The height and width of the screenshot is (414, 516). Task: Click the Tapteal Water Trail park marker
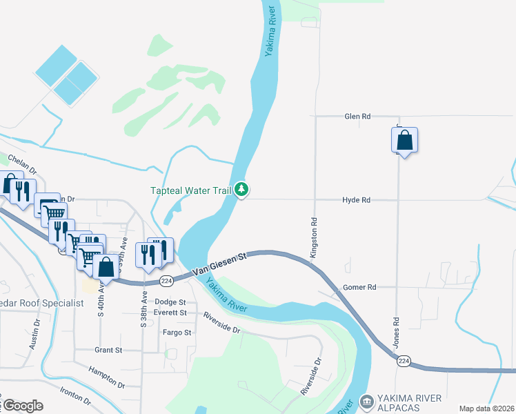pos(241,188)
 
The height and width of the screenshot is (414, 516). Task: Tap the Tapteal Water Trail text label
pos(190,190)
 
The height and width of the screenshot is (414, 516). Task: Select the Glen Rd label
pos(357,117)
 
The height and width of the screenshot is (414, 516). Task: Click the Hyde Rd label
pos(356,200)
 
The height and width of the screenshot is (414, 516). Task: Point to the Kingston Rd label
pos(313,238)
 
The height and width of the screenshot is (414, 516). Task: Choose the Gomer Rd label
pos(359,287)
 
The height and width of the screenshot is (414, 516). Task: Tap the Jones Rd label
pos(397,331)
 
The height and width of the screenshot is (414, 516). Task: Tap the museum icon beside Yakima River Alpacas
pos(366,401)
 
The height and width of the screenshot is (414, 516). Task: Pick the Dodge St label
pos(170,302)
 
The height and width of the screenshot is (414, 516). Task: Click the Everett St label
pos(170,313)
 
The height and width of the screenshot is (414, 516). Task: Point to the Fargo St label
pos(177,333)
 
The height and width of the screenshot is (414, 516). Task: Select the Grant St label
pos(108,351)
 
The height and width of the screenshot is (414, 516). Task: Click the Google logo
pos(23,405)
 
